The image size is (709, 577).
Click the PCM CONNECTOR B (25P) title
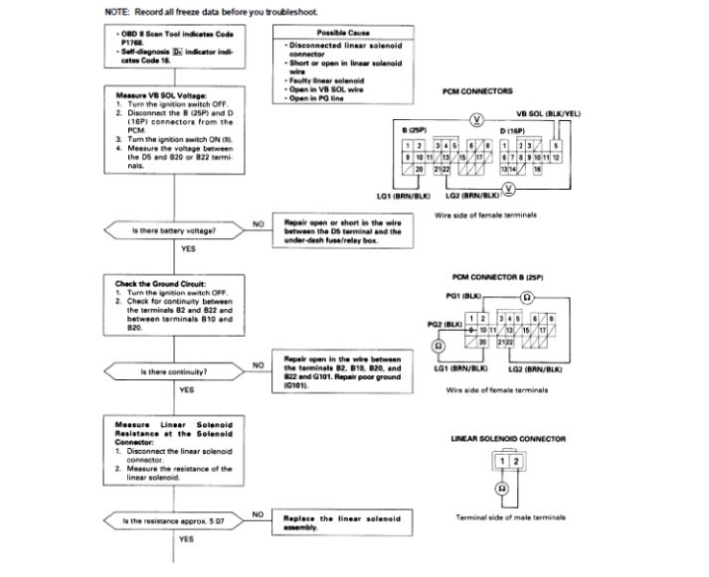tap(507, 276)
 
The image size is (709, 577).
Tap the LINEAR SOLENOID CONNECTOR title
tap(507, 438)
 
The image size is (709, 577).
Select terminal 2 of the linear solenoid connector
tap(513, 462)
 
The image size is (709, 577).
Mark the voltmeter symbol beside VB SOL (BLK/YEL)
tap(476, 120)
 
